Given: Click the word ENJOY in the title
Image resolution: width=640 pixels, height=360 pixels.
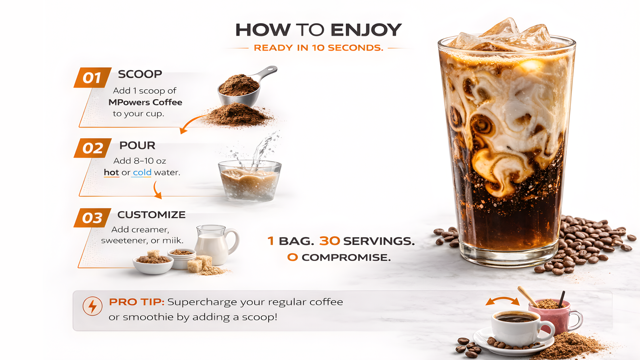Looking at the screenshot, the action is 366,30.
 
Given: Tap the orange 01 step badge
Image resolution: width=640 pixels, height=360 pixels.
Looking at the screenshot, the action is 92,77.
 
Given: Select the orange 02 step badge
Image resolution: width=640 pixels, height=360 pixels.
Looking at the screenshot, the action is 92,148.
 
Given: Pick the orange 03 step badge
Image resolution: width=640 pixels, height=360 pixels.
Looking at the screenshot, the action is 92,218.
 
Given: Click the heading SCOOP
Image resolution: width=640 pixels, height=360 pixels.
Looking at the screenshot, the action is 140,74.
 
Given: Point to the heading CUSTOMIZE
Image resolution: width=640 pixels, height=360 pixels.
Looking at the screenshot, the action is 151,215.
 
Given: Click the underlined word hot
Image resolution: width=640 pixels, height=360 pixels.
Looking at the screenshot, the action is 111,172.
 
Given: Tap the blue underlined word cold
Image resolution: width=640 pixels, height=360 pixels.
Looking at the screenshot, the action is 142,172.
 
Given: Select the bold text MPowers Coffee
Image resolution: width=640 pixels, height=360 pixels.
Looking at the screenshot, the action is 145,102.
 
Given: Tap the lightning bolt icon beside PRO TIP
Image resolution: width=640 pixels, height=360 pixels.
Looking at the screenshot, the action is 92,306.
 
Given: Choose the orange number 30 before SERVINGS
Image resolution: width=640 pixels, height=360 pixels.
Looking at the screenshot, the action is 330,241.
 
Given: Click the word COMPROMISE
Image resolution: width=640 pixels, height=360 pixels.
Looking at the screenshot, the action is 346,257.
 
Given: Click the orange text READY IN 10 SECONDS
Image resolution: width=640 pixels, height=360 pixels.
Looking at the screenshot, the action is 318,48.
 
